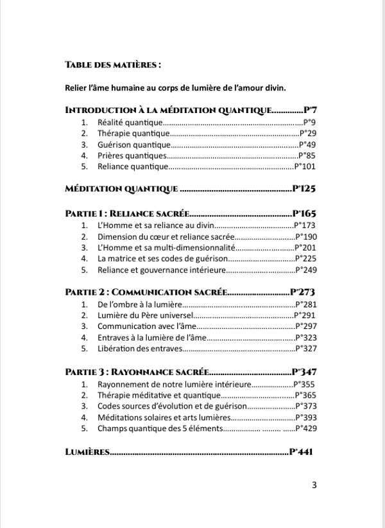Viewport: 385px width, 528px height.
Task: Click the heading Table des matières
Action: click(112, 65)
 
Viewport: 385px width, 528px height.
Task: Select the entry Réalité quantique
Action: click(129, 122)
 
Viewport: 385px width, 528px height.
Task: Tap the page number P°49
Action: click(305, 145)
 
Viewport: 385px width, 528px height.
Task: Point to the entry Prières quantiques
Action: click(132, 156)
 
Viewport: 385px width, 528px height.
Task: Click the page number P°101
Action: click(305, 167)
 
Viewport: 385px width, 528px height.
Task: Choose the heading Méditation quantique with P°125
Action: click(122, 189)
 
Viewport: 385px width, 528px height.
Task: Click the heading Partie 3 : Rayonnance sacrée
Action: click(137, 372)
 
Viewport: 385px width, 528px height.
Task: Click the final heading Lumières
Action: click(87, 452)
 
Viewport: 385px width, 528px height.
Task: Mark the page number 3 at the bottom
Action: click(314, 485)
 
